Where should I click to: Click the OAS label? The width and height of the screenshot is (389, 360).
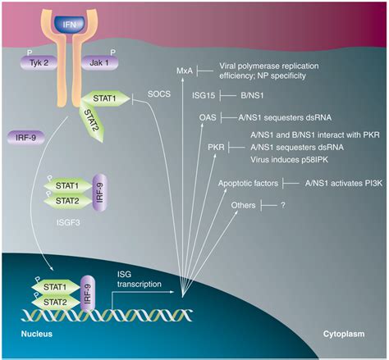point(208,118)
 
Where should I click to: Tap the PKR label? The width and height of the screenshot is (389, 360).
point(217,146)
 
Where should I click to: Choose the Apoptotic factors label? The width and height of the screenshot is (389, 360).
point(248,184)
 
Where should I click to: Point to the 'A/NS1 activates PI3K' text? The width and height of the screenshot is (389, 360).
point(340,184)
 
